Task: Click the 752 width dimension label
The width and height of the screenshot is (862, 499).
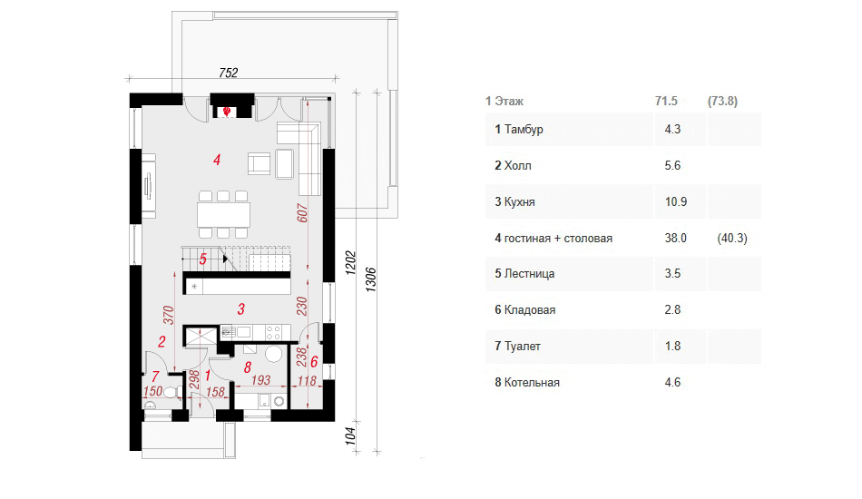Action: coord(228,73)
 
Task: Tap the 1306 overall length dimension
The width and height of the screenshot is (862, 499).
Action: coord(371,279)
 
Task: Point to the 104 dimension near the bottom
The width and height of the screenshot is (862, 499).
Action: coord(350,435)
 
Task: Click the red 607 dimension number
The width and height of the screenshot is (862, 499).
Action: coord(302,213)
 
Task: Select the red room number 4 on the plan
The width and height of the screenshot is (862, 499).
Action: coord(217,160)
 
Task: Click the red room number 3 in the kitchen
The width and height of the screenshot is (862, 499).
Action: coord(240,308)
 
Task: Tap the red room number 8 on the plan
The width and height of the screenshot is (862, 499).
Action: coord(248,367)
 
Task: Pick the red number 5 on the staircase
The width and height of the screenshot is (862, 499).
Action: coord(203,259)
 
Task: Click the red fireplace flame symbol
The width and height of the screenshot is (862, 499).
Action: coord(226,112)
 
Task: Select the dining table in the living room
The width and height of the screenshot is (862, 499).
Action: coord(223,214)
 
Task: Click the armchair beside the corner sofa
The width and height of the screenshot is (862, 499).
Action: coord(260,163)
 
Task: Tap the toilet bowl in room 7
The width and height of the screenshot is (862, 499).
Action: coord(171,392)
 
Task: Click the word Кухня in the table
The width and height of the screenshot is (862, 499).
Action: coord(520,201)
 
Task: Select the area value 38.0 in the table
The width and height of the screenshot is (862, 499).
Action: coord(676,238)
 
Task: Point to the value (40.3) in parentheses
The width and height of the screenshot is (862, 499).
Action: coord(732,238)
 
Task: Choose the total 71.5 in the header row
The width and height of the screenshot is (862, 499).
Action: coord(666,101)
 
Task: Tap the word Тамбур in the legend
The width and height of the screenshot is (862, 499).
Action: coord(524,129)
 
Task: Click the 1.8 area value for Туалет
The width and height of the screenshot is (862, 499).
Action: coord(672,346)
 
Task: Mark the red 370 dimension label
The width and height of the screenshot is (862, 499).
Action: coord(168,315)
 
